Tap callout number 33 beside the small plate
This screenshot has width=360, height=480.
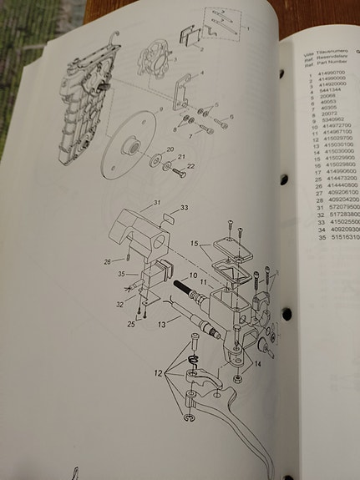pyautogui.click(x=185, y=207)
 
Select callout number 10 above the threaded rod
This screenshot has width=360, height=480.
pyautogui.click(x=194, y=275)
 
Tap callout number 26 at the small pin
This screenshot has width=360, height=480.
pyautogui.click(x=107, y=260)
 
